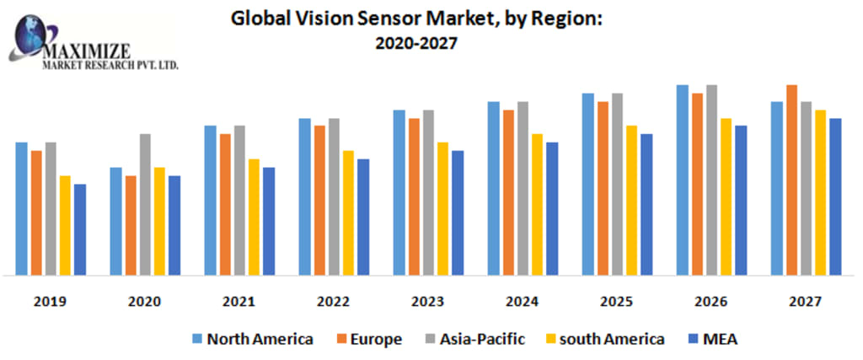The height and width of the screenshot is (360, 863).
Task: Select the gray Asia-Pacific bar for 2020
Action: [x=145, y=204]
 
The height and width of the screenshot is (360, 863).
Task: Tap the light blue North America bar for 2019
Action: [x=22, y=208]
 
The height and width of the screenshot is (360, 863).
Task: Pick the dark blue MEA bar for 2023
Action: [x=458, y=212]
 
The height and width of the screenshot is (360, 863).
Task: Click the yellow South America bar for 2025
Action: [x=631, y=200]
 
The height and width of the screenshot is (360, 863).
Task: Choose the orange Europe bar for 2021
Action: [x=225, y=204]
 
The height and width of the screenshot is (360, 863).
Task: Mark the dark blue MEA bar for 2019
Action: [x=80, y=229]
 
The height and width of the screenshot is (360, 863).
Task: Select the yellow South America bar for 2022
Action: [x=348, y=212]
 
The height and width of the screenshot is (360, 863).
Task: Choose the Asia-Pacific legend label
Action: [x=481, y=339]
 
